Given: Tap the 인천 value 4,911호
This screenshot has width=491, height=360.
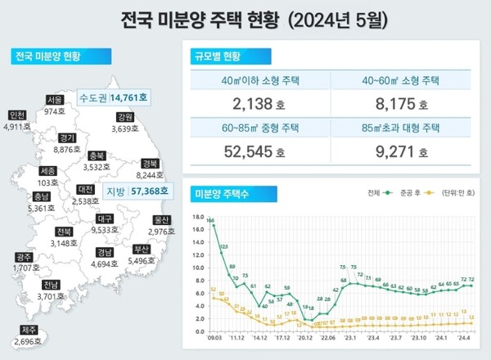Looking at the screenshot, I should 16,127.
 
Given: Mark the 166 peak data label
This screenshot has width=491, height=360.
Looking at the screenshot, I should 210,220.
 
